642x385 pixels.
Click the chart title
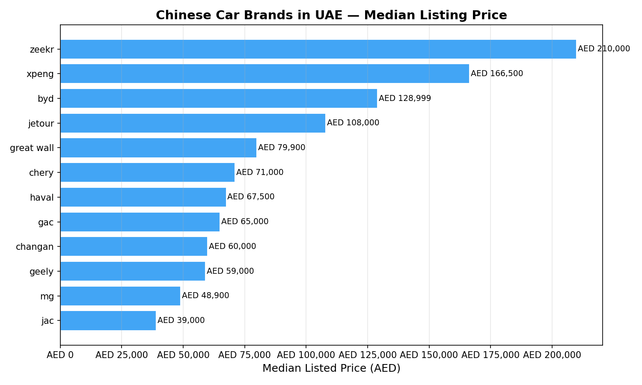[x=331, y=15]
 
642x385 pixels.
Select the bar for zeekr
[x=318, y=49]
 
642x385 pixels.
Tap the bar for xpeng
[x=265, y=74]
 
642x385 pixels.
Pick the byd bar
[x=219, y=98]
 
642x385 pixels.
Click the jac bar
[x=108, y=320]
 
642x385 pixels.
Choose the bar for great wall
[x=158, y=148]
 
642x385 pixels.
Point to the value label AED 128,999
[x=405, y=98]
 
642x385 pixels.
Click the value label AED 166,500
[x=497, y=74]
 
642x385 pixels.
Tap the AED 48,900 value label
[x=205, y=296]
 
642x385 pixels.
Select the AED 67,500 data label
[x=251, y=197]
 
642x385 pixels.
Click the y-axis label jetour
[x=41, y=124]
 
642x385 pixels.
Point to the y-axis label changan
[x=35, y=247]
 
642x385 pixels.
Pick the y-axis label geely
[x=42, y=271]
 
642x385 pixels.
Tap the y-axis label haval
[x=42, y=198]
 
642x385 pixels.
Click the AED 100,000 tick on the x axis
[x=306, y=355]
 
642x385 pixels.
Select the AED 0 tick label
[x=60, y=355]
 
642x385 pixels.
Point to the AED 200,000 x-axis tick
[x=552, y=355]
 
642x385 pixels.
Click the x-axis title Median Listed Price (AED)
[x=331, y=368]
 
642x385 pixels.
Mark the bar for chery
[x=147, y=172]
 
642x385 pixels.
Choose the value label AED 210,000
[x=604, y=49]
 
